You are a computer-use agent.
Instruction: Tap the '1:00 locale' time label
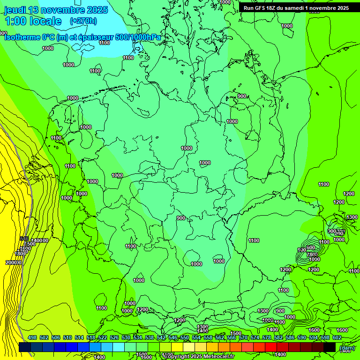(x=33, y=21)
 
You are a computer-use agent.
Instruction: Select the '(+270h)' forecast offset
(x=83, y=21)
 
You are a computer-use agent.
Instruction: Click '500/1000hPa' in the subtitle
(x=138, y=37)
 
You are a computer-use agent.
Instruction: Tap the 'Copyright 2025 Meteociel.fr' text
(x=199, y=356)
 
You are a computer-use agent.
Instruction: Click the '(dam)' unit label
(x=346, y=347)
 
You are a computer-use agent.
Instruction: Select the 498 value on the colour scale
(x=32, y=337)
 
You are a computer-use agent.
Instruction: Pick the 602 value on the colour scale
(x=337, y=337)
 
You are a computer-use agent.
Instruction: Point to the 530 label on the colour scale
(x=126, y=337)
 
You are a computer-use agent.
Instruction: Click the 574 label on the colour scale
(x=255, y=337)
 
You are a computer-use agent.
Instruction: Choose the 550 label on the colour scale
(x=185, y=337)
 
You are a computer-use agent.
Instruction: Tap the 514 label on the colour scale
(x=79, y=337)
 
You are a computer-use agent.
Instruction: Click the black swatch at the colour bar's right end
(x=330, y=347)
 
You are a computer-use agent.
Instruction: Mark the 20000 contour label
(x=14, y=262)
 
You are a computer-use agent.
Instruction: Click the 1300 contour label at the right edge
(x=352, y=217)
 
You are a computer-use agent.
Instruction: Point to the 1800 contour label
(x=20, y=254)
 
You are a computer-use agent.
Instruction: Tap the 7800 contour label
(x=312, y=254)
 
